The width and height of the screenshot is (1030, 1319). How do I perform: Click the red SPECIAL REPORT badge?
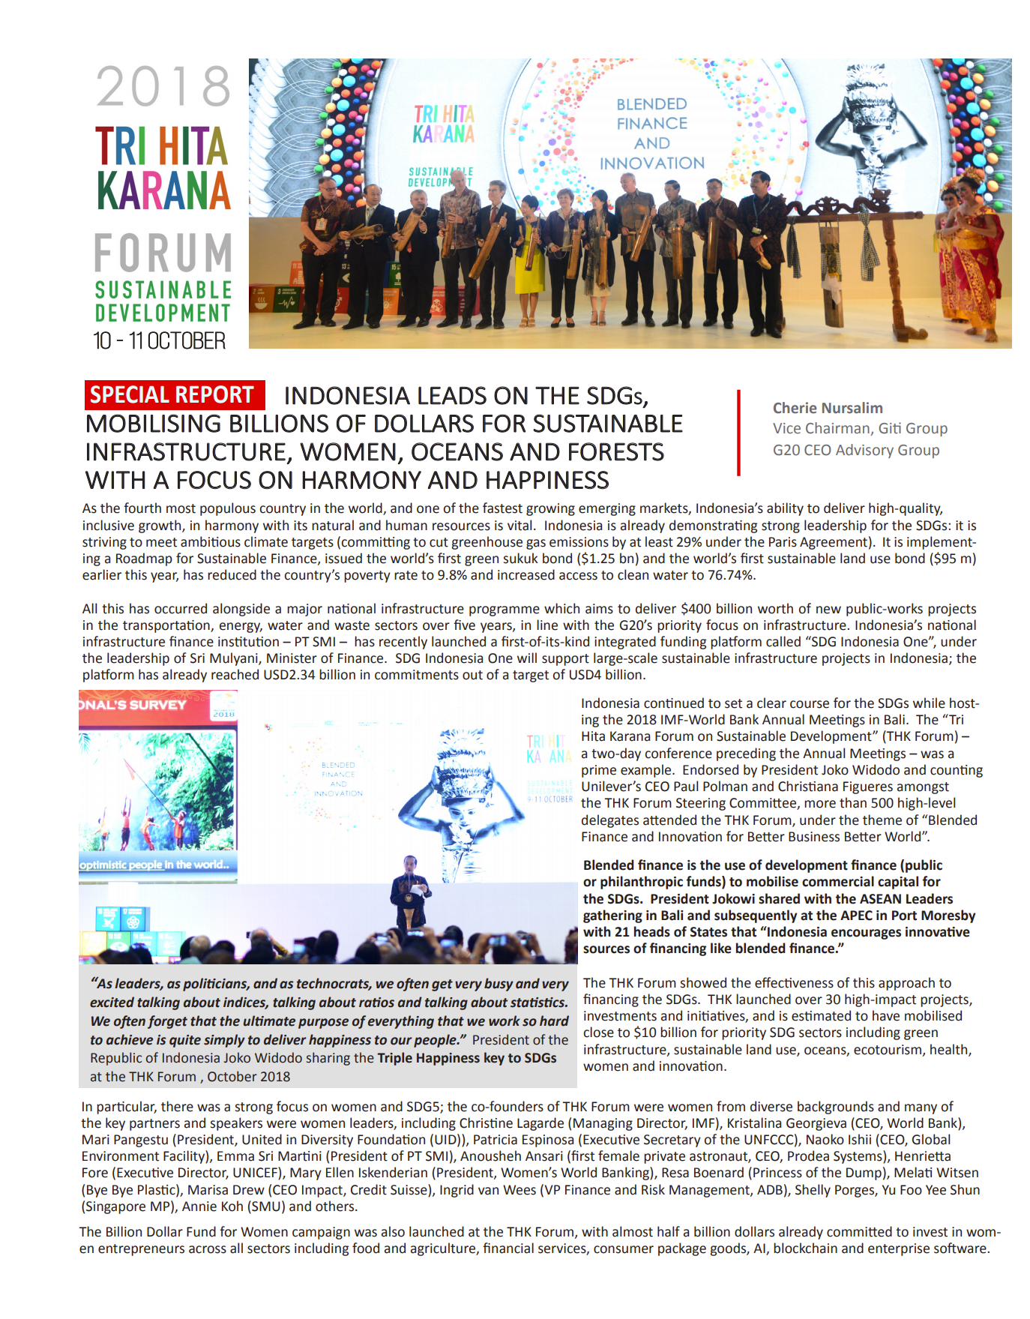click(x=174, y=395)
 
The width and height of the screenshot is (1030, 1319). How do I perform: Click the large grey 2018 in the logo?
click(x=163, y=87)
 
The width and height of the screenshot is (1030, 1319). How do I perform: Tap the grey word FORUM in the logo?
click(x=163, y=253)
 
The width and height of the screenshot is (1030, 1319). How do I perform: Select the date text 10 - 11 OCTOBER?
click(x=159, y=341)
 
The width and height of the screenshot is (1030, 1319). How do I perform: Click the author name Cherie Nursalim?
click(x=828, y=408)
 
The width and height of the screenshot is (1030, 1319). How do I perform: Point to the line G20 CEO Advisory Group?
click(x=856, y=450)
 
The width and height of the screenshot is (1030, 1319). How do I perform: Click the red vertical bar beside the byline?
click(x=738, y=433)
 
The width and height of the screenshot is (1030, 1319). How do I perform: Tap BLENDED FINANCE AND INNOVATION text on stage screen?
click(x=652, y=133)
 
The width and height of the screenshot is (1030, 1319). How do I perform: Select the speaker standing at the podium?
click(x=409, y=892)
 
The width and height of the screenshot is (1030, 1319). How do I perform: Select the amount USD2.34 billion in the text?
click(x=313, y=675)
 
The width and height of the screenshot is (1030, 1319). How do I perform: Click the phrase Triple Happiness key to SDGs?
click(x=467, y=1058)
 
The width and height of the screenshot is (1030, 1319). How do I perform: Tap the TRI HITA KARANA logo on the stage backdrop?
click(x=444, y=124)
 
